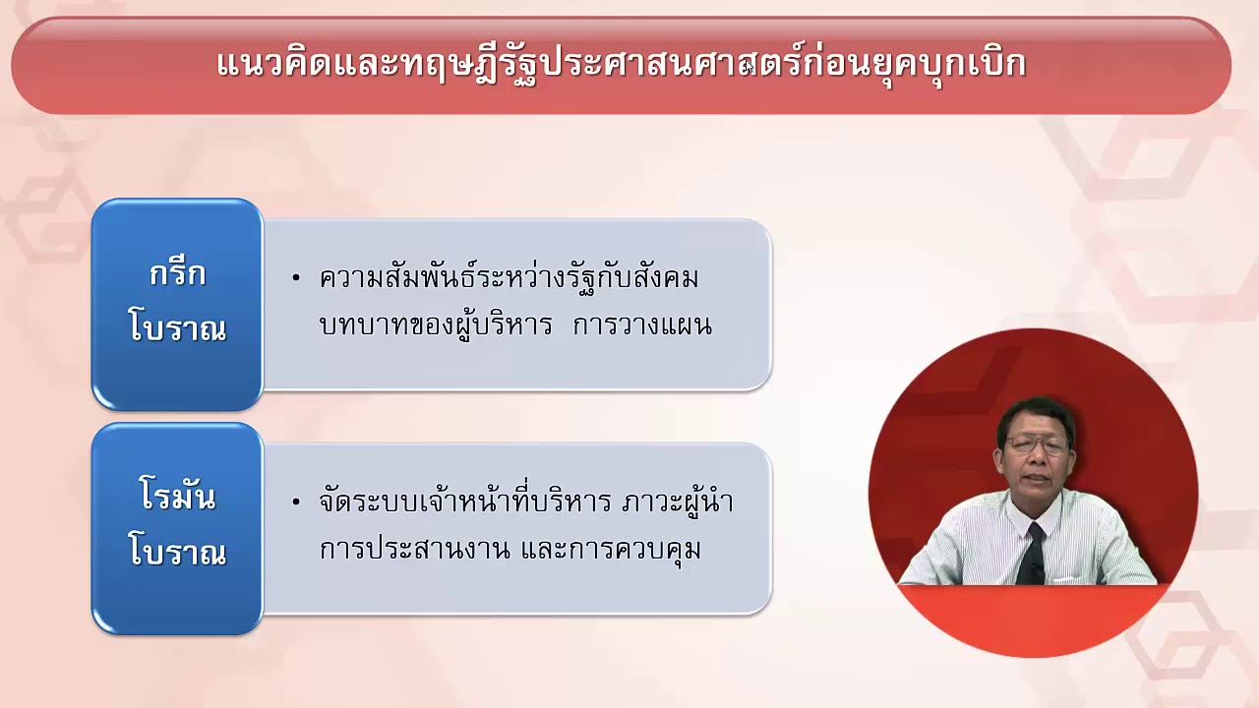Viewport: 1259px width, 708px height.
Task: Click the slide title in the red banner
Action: click(x=621, y=64)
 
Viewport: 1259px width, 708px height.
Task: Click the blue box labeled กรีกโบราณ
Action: click(x=177, y=304)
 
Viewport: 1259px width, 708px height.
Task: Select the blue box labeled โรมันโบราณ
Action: click(x=177, y=528)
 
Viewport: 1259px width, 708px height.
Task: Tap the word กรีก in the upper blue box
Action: click(x=177, y=274)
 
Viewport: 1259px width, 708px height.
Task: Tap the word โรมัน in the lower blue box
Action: click(x=177, y=498)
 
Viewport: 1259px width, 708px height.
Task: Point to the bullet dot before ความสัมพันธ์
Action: click(x=296, y=279)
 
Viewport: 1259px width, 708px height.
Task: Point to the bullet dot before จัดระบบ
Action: click(x=296, y=502)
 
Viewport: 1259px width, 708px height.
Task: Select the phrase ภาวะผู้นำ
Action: click(x=678, y=502)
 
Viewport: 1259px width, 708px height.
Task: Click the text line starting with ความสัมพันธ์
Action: click(x=509, y=279)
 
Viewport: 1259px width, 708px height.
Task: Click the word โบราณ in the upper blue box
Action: click(x=177, y=329)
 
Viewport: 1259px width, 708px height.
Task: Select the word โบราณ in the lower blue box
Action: click(x=177, y=553)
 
